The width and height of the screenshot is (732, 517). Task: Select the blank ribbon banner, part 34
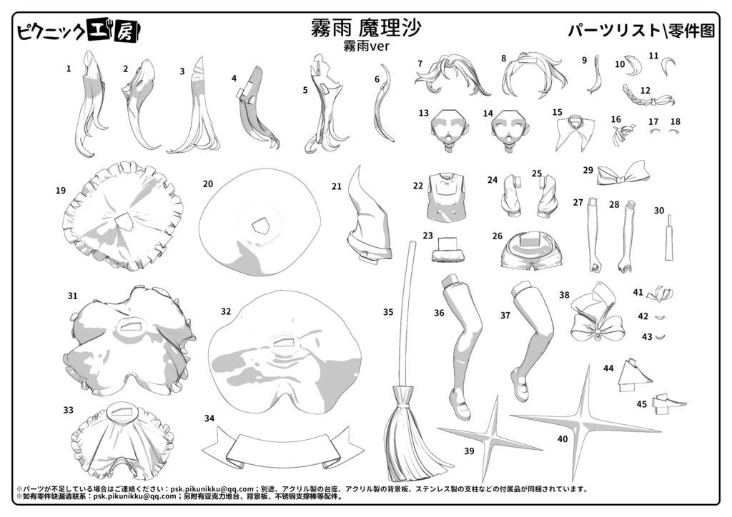[283, 449]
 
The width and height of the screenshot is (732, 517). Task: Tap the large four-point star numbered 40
[585, 423]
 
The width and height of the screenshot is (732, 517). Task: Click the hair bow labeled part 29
[623, 174]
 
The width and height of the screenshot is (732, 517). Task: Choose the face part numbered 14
[510, 129]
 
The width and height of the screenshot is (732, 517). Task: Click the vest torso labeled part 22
[446, 196]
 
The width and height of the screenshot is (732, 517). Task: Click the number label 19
[61, 190]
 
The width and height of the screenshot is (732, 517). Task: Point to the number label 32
[226, 311]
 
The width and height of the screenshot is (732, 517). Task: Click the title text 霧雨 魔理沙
[366, 28]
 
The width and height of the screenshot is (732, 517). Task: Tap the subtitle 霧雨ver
[366, 46]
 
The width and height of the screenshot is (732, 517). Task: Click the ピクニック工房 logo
[79, 31]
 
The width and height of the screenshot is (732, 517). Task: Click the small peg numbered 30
[669, 238]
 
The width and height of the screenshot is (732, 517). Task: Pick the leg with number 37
[532, 341]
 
